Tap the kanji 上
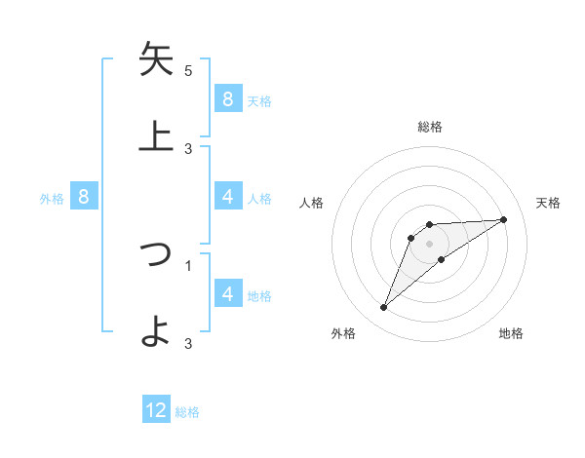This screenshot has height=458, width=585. click(156, 135)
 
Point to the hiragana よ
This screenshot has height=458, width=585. click(156, 330)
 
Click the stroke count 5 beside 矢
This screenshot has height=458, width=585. click(188, 71)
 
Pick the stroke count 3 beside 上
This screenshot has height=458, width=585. click(188, 148)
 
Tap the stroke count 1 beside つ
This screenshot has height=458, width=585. click(188, 264)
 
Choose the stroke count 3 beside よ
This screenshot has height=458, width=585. click(188, 343)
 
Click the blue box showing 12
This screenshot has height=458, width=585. click(156, 410)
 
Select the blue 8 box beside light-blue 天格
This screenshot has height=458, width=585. click(227, 98)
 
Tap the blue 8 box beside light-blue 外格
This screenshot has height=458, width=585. click(84, 197)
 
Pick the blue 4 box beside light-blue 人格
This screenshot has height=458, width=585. click(227, 197)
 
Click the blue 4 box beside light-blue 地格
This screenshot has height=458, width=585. click(227, 293)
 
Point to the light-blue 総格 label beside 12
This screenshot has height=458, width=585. click(187, 412)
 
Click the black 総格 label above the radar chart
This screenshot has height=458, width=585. click(430, 128)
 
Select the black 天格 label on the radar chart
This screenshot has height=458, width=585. click(549, 203)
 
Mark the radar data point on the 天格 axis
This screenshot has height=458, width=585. click(504, 219)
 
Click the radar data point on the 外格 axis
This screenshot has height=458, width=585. click(383, 308)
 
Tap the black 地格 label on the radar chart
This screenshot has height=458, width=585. click(511, 334)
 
